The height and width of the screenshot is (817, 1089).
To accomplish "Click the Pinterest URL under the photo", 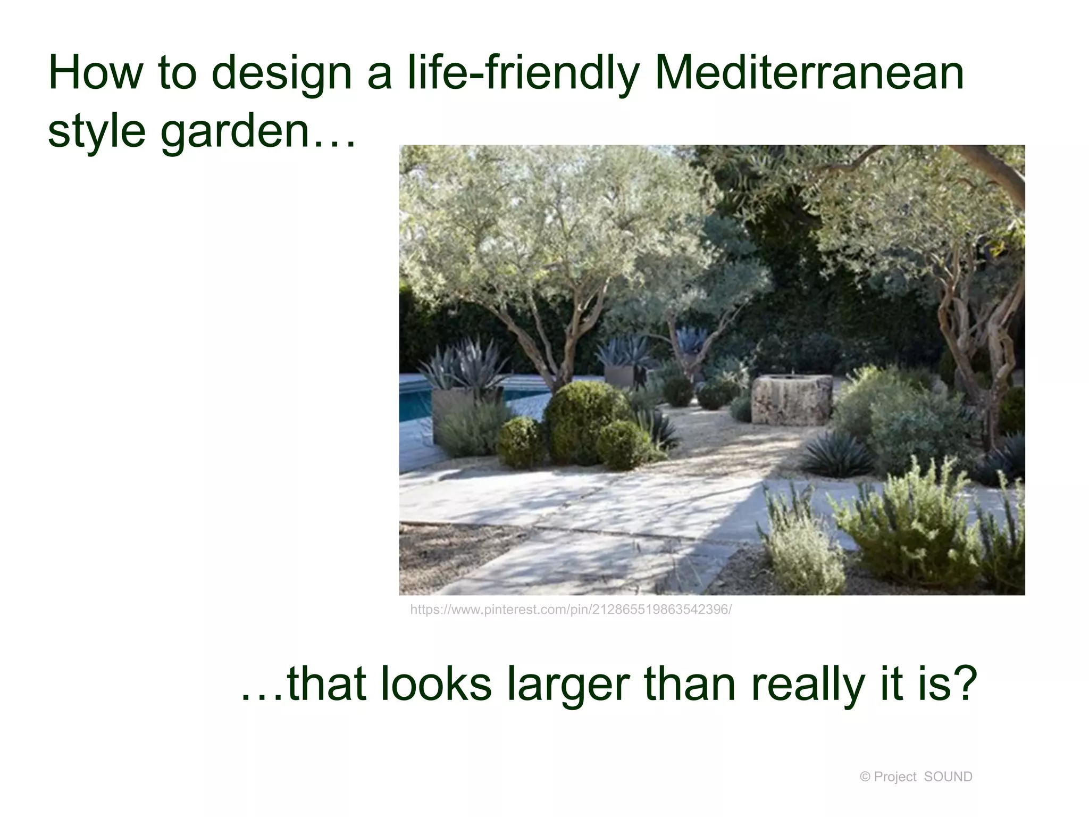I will (x=571, y=610).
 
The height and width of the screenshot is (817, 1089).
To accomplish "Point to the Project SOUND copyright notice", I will (x=916, y=777).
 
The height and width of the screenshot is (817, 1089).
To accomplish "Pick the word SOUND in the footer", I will (x=948, y=777).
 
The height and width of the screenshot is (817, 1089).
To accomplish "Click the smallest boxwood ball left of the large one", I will (x=521, y=441).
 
